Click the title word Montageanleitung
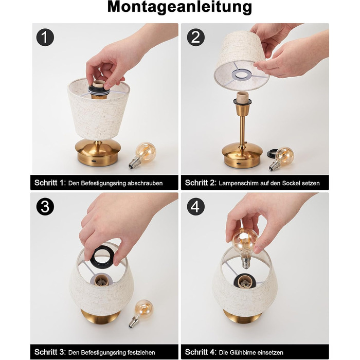(179, 7)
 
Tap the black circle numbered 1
(45, 37)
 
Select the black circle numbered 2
(195, 37)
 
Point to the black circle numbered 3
(45, 207)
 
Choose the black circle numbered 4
(195, 207)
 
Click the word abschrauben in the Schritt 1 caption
(145, 183)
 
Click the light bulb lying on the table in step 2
(281, 158)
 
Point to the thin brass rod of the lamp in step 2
(242, 131)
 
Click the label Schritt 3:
(50, 352)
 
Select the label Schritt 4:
(201, 352)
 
